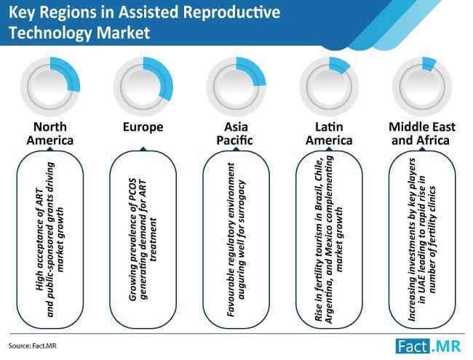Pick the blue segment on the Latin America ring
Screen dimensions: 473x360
coord(339,64)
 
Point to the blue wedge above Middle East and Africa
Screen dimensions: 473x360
coord(429,63)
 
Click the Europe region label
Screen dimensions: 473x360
coord(143,127)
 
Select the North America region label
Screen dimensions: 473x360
coord(50,133)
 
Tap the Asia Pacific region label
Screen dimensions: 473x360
coord(235,133)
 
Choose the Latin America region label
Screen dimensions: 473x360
coord(329,133)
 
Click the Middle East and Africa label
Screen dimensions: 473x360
coord(422,133)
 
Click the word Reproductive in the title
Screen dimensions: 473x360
coord(231,12)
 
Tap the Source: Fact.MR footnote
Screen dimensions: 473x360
coord(32,345)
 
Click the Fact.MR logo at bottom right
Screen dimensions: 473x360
coord(429,346)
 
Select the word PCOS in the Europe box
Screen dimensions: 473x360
coord(132,188)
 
